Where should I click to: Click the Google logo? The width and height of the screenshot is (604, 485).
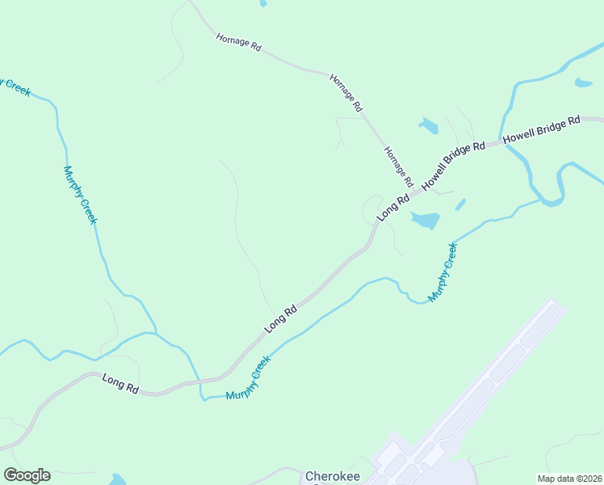[27, 474]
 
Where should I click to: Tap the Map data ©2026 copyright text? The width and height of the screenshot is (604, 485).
[569, 479]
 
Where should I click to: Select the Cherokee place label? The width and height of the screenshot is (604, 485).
[332, 476]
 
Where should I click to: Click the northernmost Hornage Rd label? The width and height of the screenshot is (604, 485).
[238, 42]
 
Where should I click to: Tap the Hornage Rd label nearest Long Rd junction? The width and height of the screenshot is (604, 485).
[398, 165]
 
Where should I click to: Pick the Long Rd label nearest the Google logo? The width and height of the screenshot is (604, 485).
[120, 383]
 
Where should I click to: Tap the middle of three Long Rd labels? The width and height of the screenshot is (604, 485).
[281, 319]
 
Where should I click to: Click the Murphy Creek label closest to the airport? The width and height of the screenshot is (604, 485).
[443, 272]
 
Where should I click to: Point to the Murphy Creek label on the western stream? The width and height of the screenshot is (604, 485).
[81, 195]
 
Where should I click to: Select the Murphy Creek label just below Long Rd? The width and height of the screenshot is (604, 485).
[247, 379]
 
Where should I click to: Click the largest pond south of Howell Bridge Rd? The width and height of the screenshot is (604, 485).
[426, 220]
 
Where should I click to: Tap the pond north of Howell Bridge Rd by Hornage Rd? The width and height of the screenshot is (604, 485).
[428, 125]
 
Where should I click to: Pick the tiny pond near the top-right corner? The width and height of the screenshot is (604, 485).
[583, 82]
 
